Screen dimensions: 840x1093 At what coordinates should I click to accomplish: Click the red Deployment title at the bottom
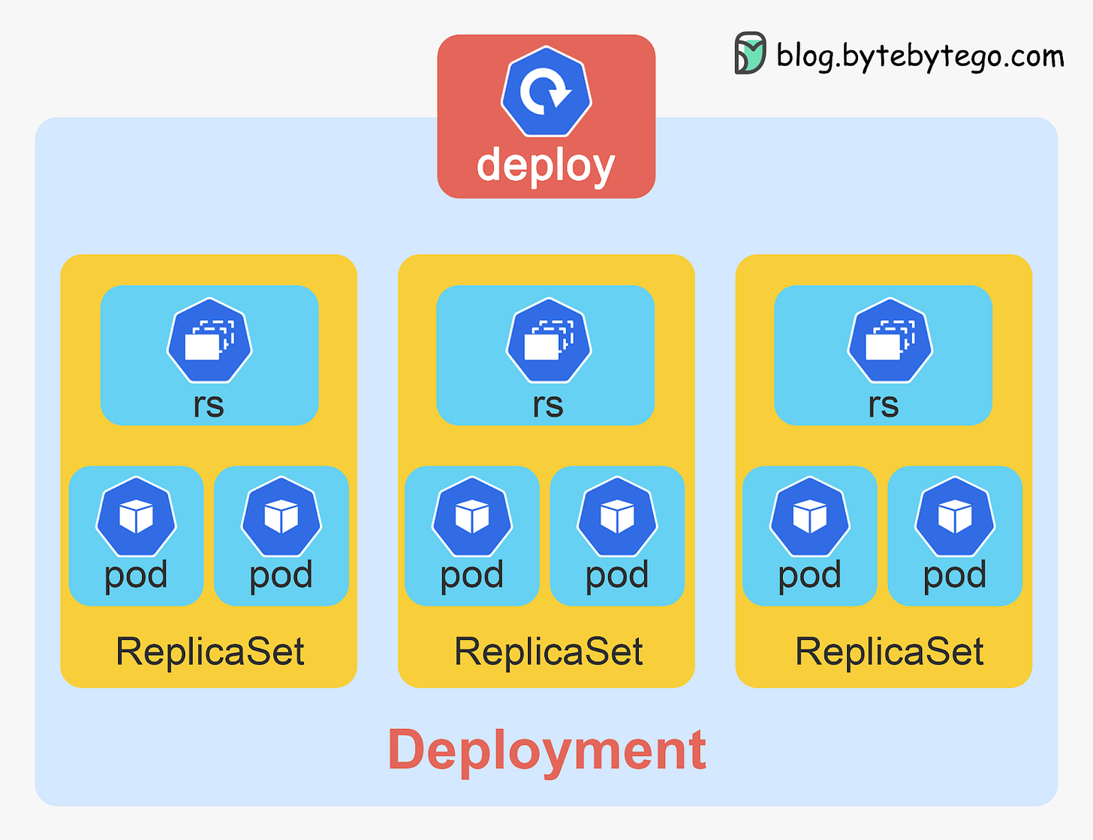coord(546,750)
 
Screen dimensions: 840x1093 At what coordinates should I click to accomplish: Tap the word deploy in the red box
coord(546,165)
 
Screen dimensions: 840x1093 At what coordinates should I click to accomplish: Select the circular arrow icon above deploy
coord(546,92)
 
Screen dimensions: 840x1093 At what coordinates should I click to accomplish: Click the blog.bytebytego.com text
coord(920,56)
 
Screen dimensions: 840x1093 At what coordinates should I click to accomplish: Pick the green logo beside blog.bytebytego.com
coord(749,53)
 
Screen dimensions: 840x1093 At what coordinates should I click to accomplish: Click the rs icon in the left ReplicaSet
coord(209,341)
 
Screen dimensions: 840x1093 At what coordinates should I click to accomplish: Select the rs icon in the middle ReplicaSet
coord(549,341)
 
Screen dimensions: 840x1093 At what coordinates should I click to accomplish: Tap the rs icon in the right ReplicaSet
coord(890,341)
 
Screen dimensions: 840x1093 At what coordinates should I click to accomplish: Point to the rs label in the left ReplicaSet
coord(209,405)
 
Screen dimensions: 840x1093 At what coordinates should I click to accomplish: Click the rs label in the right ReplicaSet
coord(884,405)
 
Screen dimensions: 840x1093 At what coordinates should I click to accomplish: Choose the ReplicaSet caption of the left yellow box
coord(210,652)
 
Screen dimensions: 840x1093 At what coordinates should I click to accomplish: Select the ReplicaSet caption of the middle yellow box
coord(549,652)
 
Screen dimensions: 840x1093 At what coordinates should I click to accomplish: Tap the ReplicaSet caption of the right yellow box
coord(890,652)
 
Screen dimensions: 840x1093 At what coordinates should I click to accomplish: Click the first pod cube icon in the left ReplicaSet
coord(136,516)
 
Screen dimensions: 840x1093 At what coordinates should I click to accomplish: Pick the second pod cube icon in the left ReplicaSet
coord(282,516)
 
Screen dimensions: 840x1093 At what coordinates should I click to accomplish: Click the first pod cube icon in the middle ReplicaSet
coord(472,516)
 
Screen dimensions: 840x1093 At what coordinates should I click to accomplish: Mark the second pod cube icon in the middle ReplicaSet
coord(617,516)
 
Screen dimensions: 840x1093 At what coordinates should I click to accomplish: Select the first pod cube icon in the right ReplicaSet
coord(810,516)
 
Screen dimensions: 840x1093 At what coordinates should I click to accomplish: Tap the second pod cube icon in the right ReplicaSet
coord(955,516)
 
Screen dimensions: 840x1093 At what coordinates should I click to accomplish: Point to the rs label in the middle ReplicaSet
coord(548,405)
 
